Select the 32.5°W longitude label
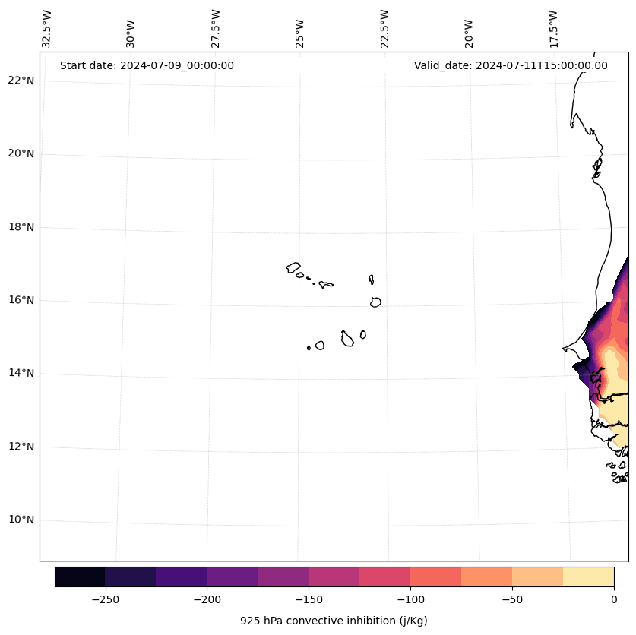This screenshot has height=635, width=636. (47, 29)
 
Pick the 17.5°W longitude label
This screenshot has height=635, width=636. (553, 29)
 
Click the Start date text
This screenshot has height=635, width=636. (147, 65)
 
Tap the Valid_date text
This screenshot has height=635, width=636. (511, 65)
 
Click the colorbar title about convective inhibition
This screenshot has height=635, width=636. (334, 621)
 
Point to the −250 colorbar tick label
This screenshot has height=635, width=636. (105, 599)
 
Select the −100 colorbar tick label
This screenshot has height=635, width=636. (410, 599)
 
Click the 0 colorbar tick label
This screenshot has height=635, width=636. (614, 599)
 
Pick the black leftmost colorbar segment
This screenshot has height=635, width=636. (80, 577)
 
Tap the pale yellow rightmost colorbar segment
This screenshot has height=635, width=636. (588, 577)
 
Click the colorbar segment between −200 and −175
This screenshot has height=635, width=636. (232, 577)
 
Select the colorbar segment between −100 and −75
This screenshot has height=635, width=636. (435, 577)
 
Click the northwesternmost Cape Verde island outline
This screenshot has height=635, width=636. (293, 267)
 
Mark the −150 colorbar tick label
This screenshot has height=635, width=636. (309, 599)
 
